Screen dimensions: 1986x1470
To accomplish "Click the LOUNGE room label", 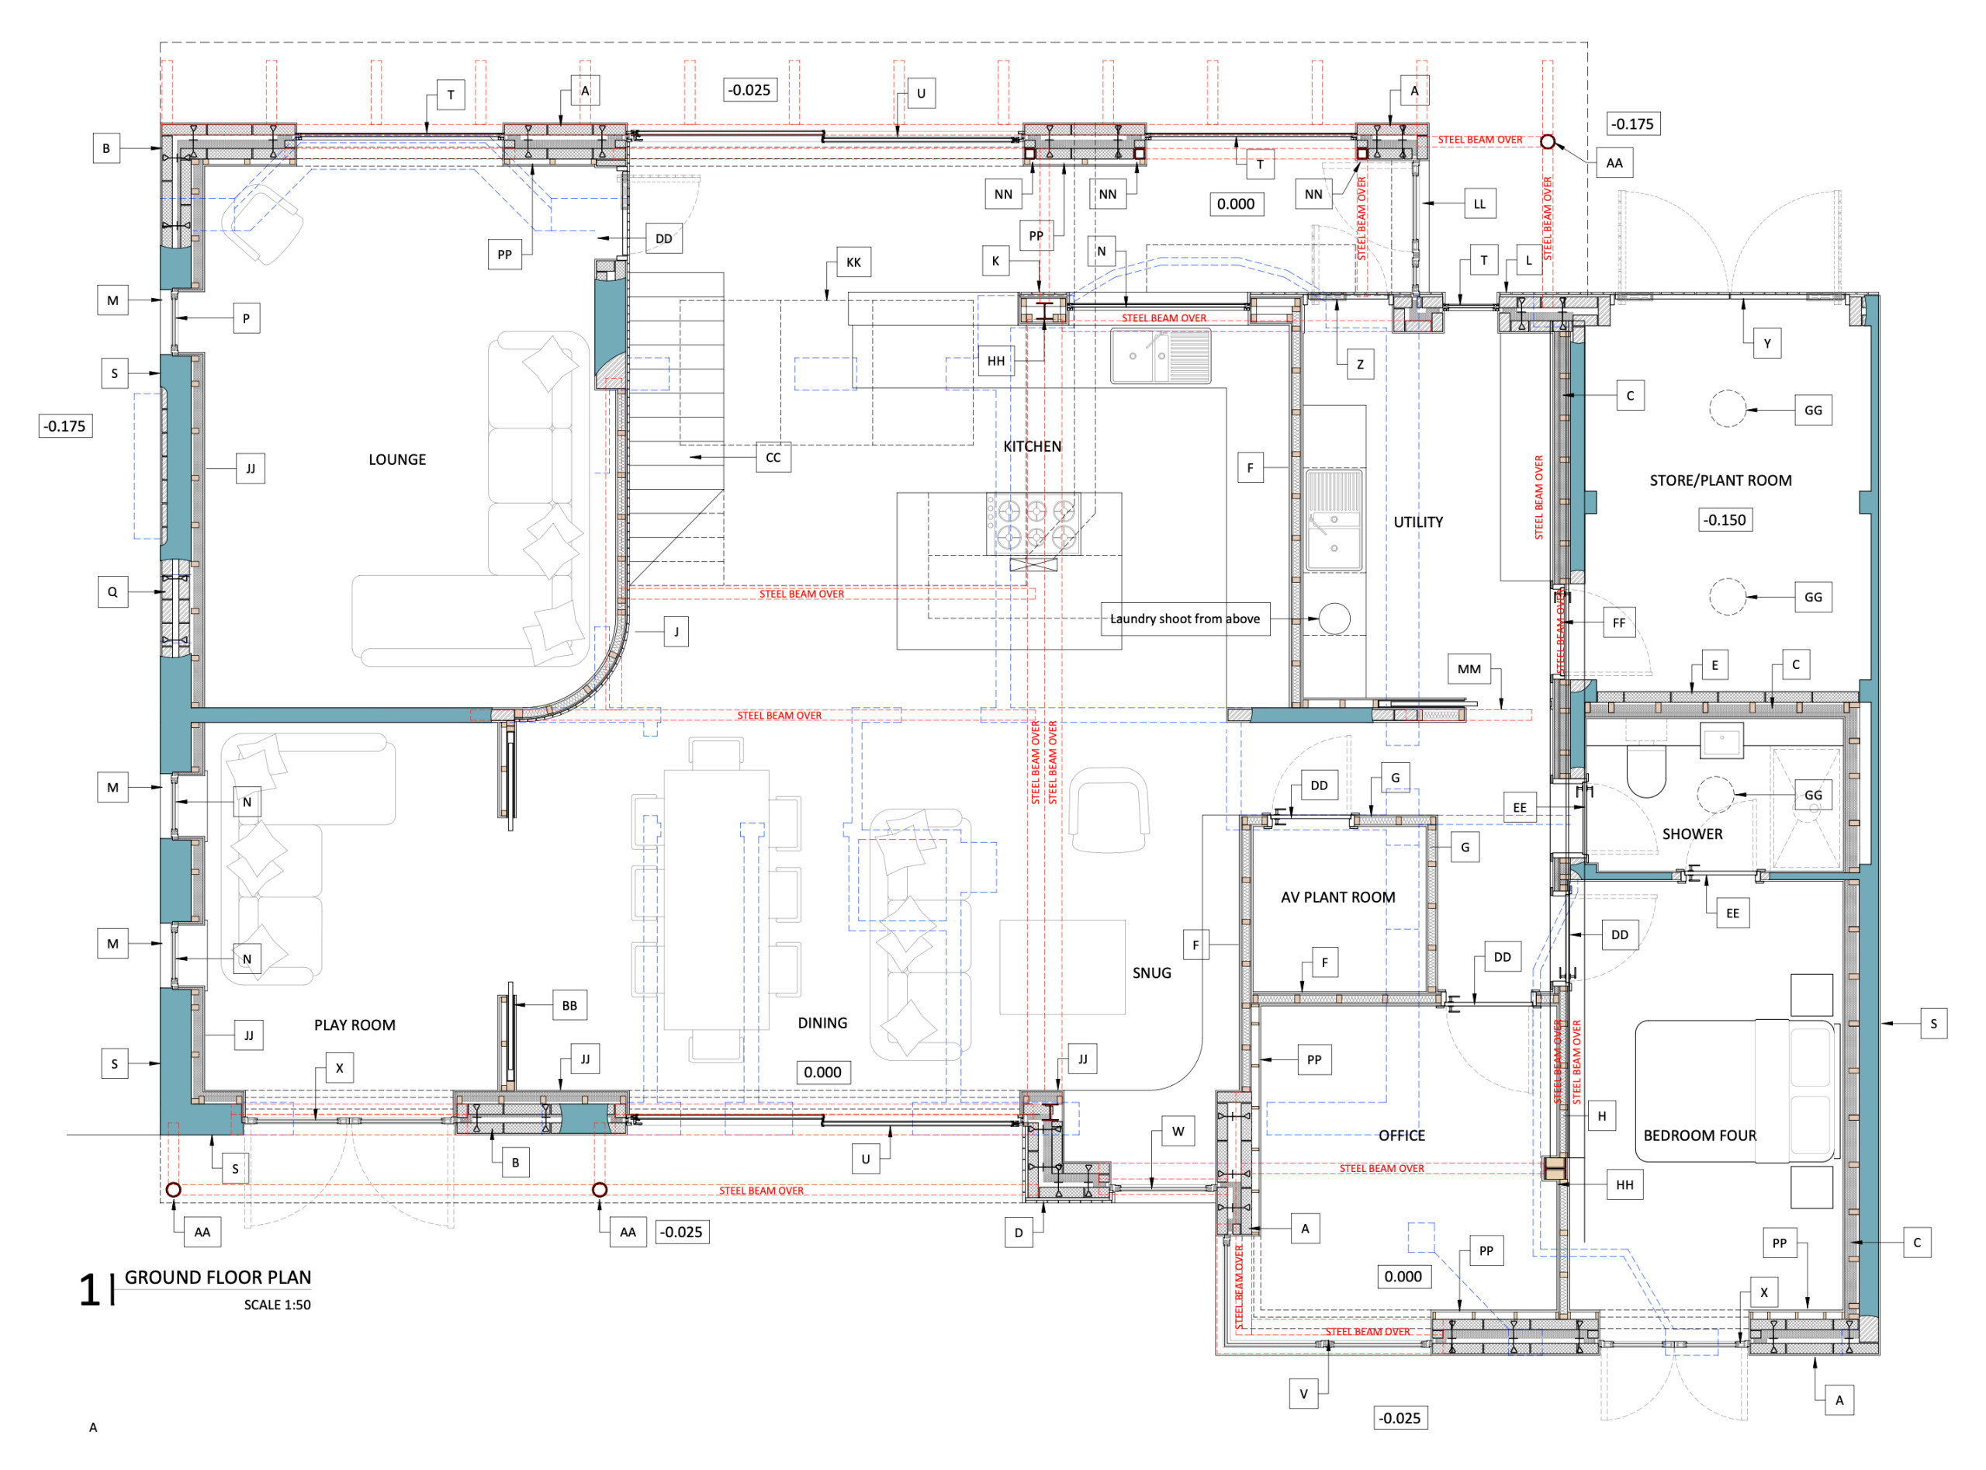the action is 396,460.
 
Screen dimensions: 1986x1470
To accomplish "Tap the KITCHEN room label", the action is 1032,447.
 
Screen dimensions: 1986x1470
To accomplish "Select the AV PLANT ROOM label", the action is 1337,898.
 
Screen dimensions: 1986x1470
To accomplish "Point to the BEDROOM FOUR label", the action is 1700,1136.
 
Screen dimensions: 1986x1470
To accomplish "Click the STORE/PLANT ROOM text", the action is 1720,480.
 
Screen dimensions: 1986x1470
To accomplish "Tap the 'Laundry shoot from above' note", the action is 1185,619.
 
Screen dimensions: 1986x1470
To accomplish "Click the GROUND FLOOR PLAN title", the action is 218,1278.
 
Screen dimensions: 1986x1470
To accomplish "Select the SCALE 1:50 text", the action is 278,1305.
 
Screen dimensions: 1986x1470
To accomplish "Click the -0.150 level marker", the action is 1725,521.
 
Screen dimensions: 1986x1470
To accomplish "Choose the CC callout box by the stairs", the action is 773,457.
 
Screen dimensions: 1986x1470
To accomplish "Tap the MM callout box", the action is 1469,669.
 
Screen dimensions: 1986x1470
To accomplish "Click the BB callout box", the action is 569,1006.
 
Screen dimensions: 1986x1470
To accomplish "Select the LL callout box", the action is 1479,204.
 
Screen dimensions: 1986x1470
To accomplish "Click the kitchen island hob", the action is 1035,524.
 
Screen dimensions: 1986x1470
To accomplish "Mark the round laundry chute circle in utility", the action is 1334,619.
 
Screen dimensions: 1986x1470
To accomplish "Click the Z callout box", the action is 1359,364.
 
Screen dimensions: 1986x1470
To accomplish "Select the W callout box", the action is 1178,1132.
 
